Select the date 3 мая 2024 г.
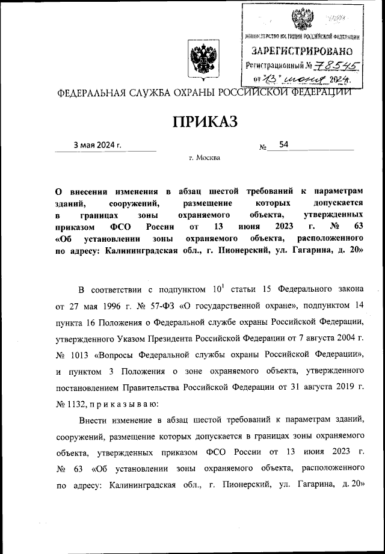[x=97, y=146]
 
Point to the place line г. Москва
[x=205, y=158]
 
